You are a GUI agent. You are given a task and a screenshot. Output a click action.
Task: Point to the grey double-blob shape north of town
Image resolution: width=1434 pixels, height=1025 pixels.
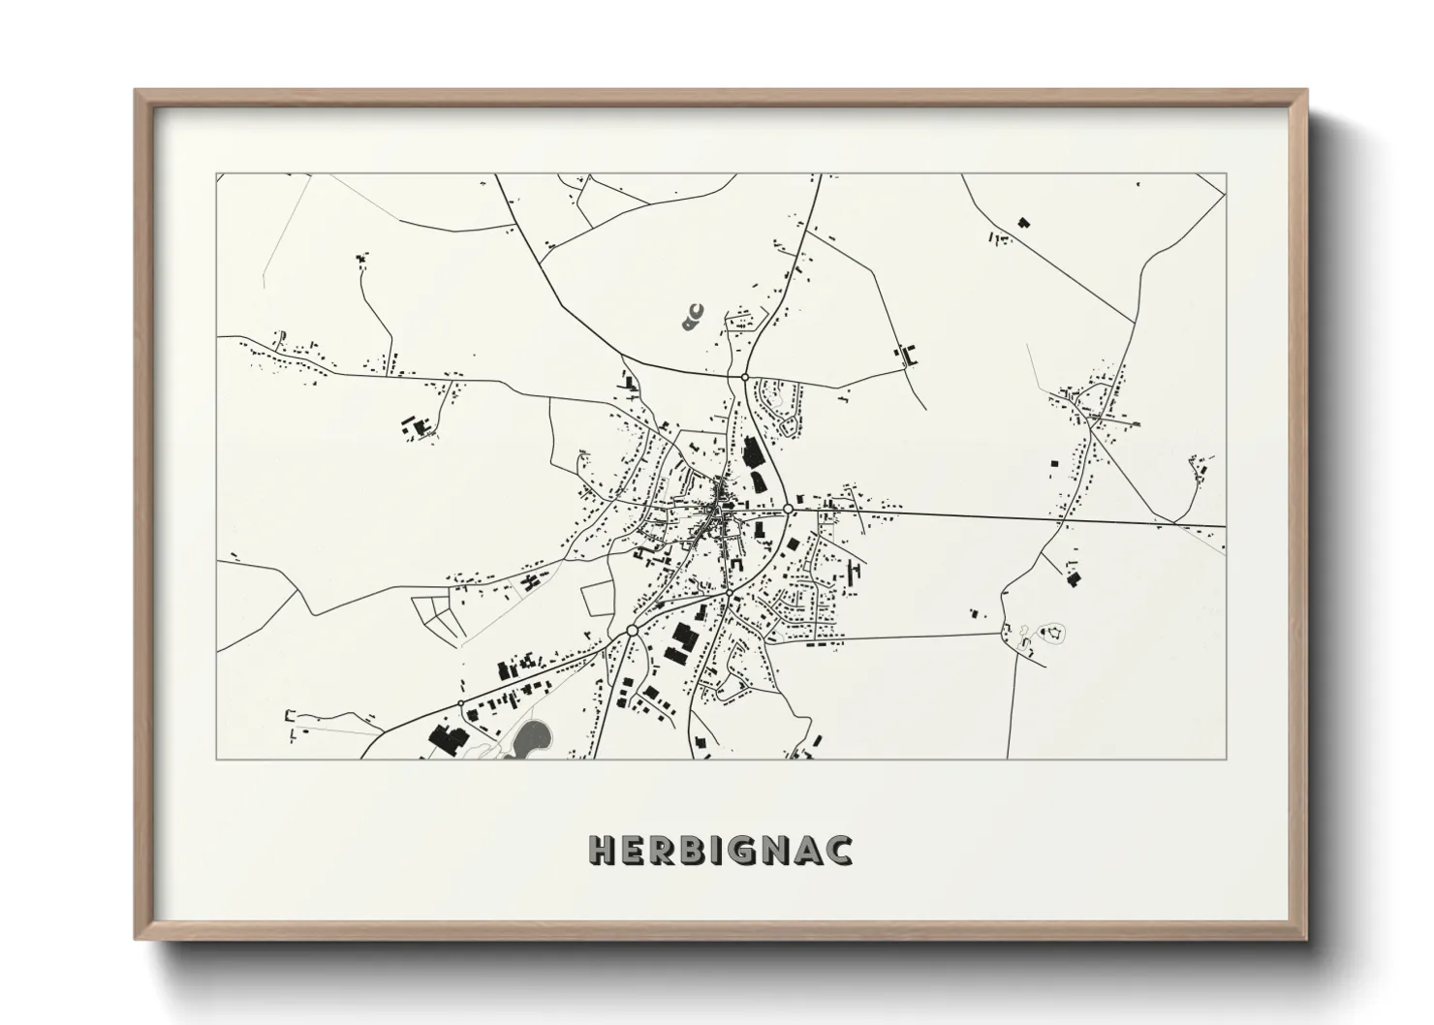(x=692, y=316)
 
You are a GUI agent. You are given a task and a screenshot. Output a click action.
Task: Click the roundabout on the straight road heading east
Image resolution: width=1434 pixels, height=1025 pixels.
(x=789, y=508)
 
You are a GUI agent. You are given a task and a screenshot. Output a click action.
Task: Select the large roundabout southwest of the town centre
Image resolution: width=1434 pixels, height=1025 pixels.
(x=632, y=630)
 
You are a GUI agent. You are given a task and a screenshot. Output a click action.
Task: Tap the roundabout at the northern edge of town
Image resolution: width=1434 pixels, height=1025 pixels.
(x=744, y=375)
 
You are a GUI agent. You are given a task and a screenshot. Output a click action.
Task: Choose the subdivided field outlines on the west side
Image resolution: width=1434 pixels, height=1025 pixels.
(x=437, y=614)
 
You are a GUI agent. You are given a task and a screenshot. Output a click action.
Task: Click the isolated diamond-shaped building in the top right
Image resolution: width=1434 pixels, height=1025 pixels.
(x=1023, y=223)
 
